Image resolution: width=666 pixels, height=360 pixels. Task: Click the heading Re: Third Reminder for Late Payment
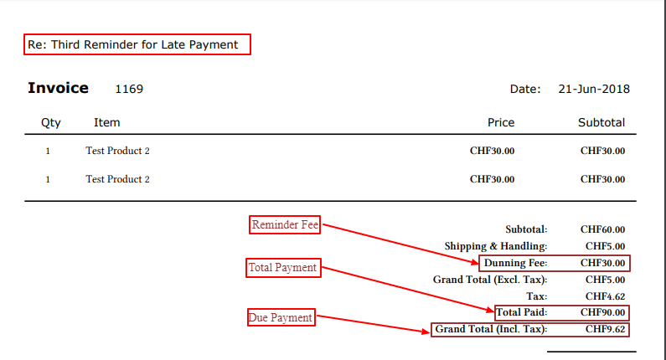coord(137,44)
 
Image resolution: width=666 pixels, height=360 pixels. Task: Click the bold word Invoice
coord(58,88)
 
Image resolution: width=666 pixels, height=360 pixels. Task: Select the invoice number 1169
coord(129,89)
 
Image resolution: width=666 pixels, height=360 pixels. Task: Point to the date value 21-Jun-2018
coord(593,89)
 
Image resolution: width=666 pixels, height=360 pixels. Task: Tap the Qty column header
coord(51,122)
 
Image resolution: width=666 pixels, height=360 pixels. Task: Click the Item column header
coord(106,122)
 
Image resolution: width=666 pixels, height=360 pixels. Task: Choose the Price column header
coord(501,122)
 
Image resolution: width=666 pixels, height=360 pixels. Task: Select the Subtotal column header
coord(601,122)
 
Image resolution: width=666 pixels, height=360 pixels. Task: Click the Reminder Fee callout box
coord(286,224)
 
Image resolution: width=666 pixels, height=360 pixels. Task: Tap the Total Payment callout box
coord(282,268)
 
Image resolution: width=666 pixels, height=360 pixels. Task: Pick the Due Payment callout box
coord(281,317)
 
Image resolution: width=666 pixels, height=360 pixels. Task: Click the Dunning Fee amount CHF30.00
coord(602,263)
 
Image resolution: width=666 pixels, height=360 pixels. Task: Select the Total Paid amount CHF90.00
coord(602,312)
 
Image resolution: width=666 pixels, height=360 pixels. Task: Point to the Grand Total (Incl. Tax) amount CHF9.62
coord(605,329)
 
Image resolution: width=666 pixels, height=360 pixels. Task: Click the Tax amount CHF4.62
coord(605,296)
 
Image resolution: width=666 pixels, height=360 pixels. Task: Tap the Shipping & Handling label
coord(495,246)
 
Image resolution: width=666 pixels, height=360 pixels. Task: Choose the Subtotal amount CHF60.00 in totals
coord(602,229)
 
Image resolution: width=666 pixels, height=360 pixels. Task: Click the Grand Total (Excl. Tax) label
coord(489,280)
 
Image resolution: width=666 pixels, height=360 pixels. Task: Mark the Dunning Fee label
coord(515,263)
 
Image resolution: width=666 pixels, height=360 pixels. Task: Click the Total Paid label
coord(521,312)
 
